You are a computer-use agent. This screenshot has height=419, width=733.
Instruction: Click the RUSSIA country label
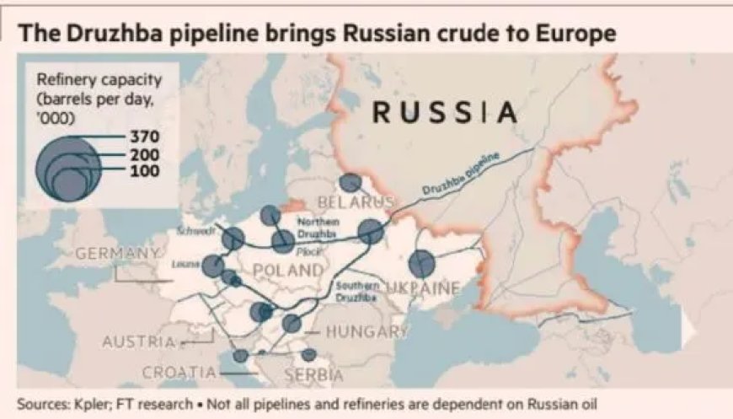click(445, 112)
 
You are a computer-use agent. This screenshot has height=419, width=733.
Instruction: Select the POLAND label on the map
click(288, 271)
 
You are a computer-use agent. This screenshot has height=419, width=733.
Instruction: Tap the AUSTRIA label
click(140, 342)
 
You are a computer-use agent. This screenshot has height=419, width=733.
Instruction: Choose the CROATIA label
click(179, 372)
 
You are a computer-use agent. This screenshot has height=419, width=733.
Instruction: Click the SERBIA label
click(314, 374)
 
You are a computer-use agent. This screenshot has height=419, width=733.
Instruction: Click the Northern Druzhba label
click(317, 226)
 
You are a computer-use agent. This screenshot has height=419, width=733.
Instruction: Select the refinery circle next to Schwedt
click(233, 239)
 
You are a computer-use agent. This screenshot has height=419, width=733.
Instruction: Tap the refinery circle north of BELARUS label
click(349, 183)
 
